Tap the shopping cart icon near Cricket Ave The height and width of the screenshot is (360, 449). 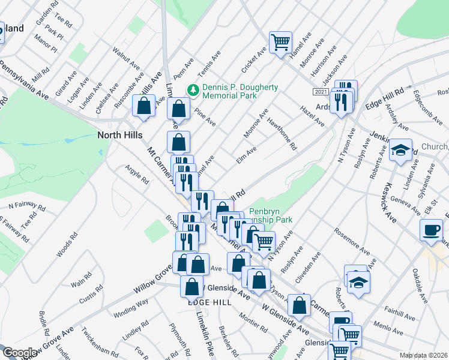280,43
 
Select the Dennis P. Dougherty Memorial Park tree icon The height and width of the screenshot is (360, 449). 193,91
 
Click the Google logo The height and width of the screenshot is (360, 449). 20,353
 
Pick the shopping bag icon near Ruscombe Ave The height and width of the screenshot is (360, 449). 145,106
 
